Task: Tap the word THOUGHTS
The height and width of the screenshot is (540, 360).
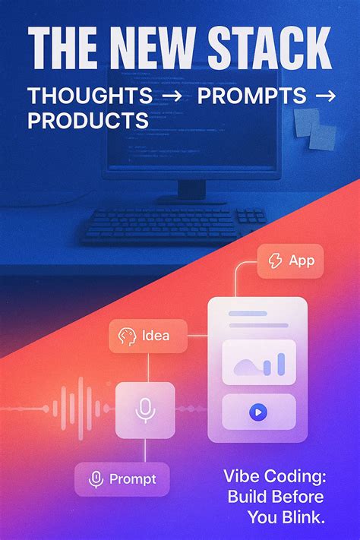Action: pos(90,96)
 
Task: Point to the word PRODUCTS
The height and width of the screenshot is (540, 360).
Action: pos(87,120)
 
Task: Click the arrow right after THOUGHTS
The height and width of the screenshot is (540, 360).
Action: pos(172,96)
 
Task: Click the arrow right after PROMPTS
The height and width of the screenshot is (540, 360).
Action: pos(324,96)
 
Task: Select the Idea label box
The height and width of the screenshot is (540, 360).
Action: pos(149,335)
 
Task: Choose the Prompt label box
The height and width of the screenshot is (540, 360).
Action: pos(122,479)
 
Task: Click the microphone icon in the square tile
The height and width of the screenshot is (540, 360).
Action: pos(145,410)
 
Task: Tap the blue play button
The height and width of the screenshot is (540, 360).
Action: pos(257,412)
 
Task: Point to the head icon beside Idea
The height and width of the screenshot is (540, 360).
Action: pos(127,335)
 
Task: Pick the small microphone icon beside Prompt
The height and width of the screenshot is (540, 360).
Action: pos(96,479)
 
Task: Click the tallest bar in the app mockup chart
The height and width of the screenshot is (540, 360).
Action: pos(280,363)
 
